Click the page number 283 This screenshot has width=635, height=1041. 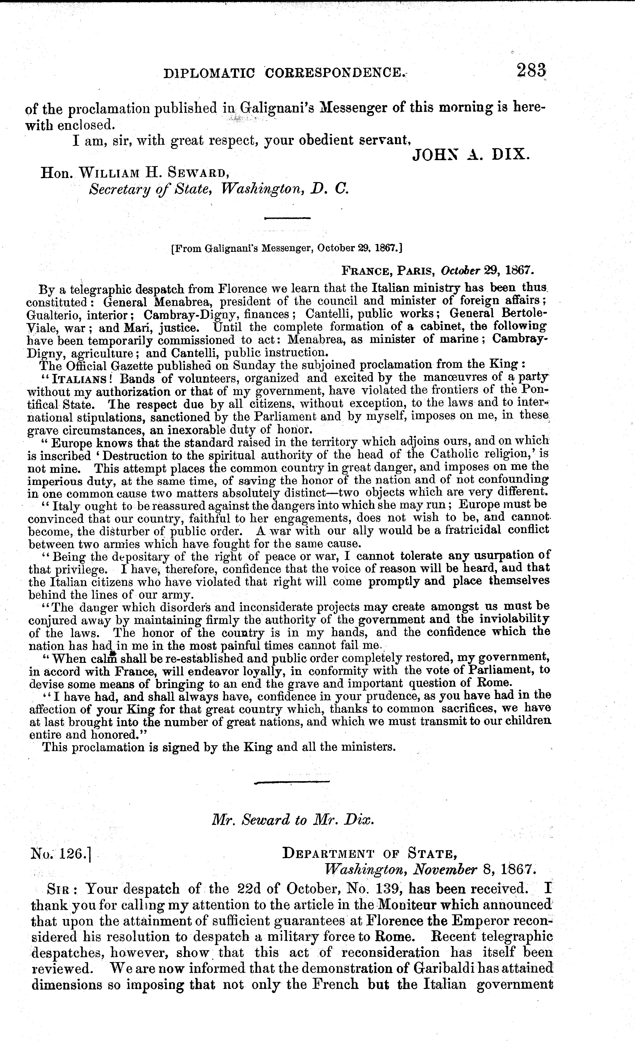531,70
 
